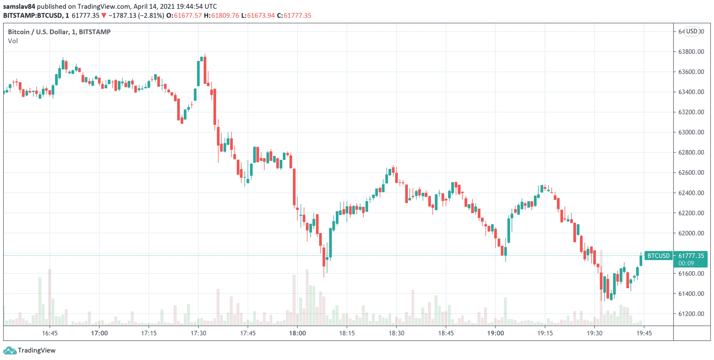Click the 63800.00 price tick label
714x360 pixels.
(691, 52)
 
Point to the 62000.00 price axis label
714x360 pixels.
(691, 233)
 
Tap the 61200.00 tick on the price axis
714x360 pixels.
(691, 314)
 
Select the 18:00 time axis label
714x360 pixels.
(297, 333)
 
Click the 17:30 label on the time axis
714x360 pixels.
(198, 333)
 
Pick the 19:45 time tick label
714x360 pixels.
(644, 333)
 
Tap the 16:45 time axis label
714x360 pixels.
(50, 333)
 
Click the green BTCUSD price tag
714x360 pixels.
(658, 256)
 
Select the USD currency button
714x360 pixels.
(692, 31)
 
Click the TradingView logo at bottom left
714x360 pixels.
(29, 350)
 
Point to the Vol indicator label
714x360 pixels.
(13, 41)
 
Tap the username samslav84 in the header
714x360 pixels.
(19, 6)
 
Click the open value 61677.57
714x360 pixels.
(188, 15)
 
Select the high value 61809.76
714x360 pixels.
(225, 15)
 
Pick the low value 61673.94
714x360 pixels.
(261, 15)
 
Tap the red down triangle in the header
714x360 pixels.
(104, 15)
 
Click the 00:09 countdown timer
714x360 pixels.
(686, 263)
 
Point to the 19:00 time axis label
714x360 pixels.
(495, 333)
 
